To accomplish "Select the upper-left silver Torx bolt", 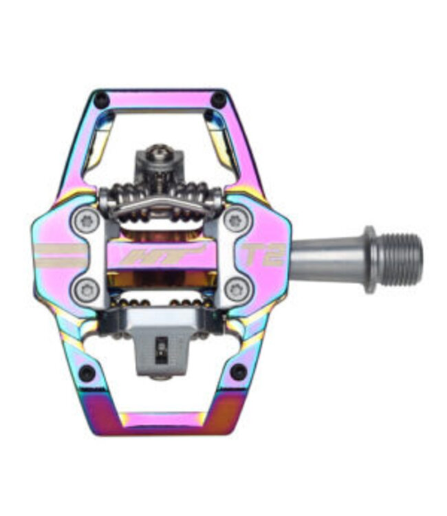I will point(85,220).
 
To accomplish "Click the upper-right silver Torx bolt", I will point(235,221).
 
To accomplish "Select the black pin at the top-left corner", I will point(100,96).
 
